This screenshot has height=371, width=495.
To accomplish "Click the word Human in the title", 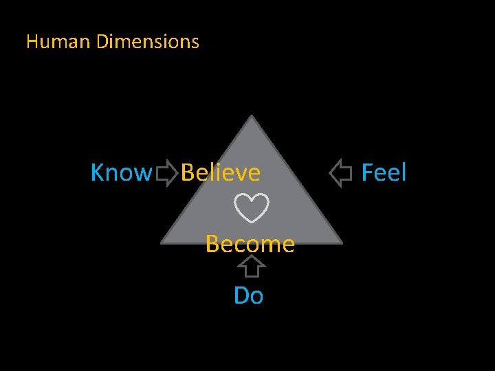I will click(x=58, y=42).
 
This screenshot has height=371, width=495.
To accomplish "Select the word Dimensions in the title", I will click(x=148, y=42).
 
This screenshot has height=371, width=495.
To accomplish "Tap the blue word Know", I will click(x=120, y=173).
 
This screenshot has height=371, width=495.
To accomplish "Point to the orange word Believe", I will click(x=221, y=173).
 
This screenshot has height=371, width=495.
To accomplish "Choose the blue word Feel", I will click(x=384, y=173).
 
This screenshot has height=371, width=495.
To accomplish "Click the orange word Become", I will click(x=250, y=244).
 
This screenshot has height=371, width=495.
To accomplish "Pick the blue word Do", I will click(x=248, y=296).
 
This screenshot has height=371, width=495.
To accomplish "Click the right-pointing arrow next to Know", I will click(x=166, y=173).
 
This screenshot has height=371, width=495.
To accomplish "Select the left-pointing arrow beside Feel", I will click(x=340, y=173).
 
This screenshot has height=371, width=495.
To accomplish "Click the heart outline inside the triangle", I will click(x=252, y=208).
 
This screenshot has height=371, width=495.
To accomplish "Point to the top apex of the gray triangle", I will click(x=252, y=117).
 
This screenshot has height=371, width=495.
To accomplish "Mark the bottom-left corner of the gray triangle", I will click(x=162, y=242).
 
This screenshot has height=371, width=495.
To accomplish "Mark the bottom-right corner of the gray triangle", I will click(x=341, y=242).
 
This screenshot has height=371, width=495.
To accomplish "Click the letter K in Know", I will click(x=98, y=173).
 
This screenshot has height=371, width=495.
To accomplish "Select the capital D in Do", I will click(x=241, y=296).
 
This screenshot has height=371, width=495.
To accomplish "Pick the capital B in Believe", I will click(x=188, y=173).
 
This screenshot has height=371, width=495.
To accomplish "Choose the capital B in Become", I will click(x=212, y=244).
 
